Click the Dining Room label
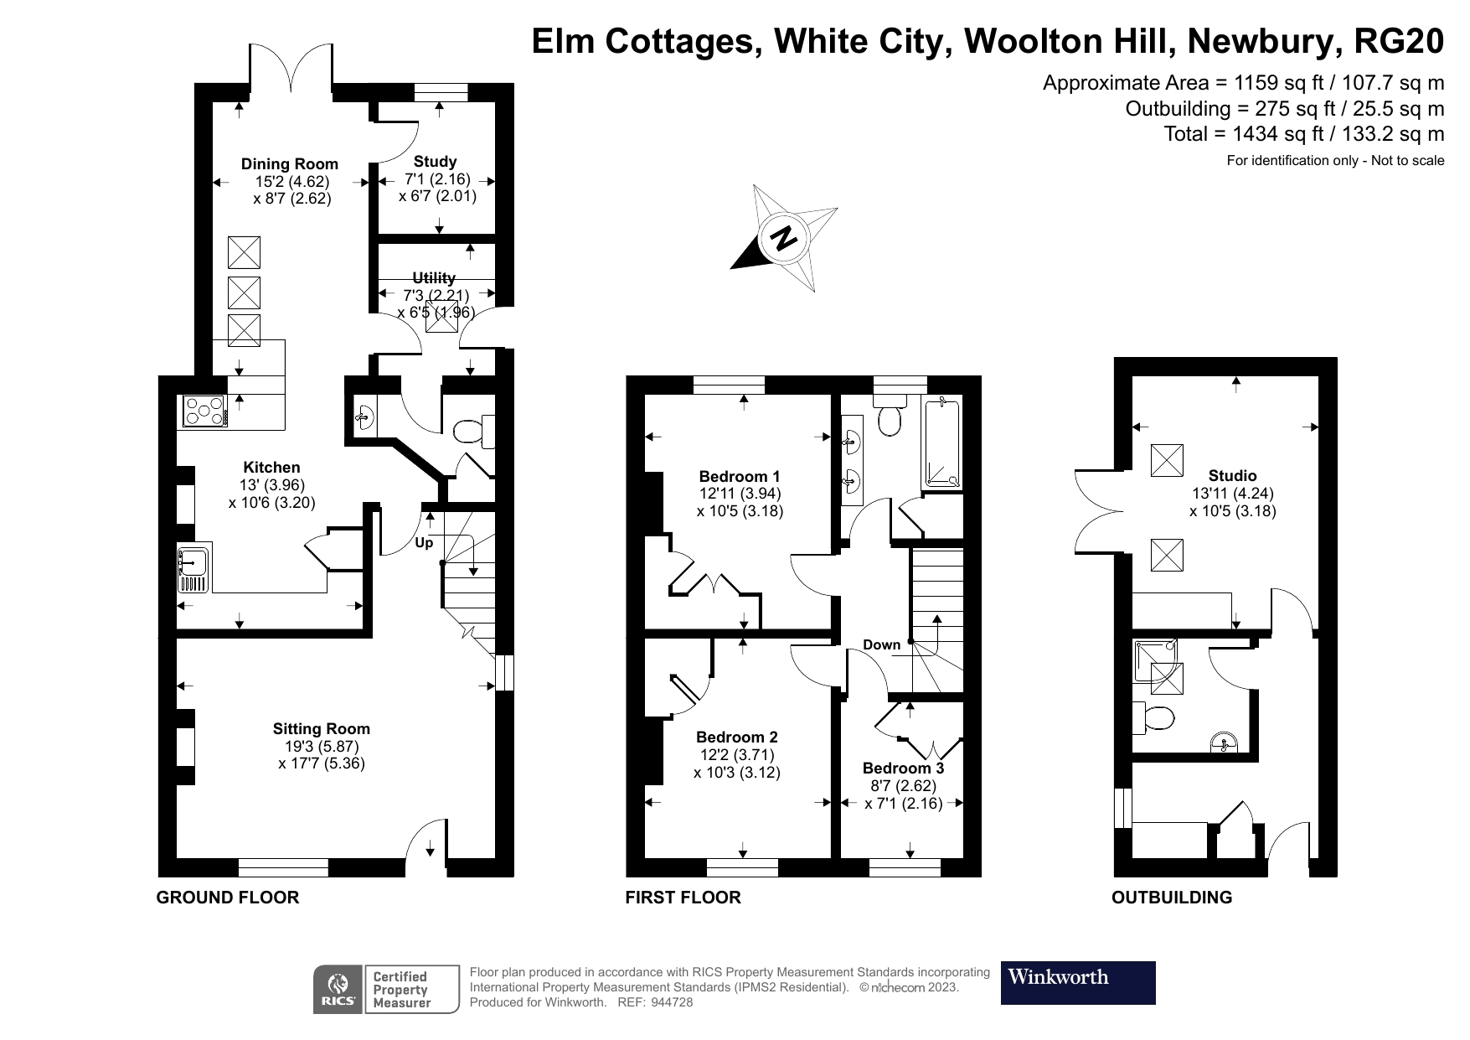[290, 164]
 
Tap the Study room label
[435, 162]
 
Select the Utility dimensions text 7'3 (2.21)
[436, 295]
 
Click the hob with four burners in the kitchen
[204, 411]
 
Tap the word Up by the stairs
[425, 543]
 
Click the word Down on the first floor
[881, 644]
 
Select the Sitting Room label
[321, 729]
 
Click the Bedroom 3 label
[903, 768]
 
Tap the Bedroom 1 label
[740, 476]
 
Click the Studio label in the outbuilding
[1232, 476]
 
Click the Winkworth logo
[1077, 982]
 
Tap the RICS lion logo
[338, 989]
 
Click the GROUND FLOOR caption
[228, 898]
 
